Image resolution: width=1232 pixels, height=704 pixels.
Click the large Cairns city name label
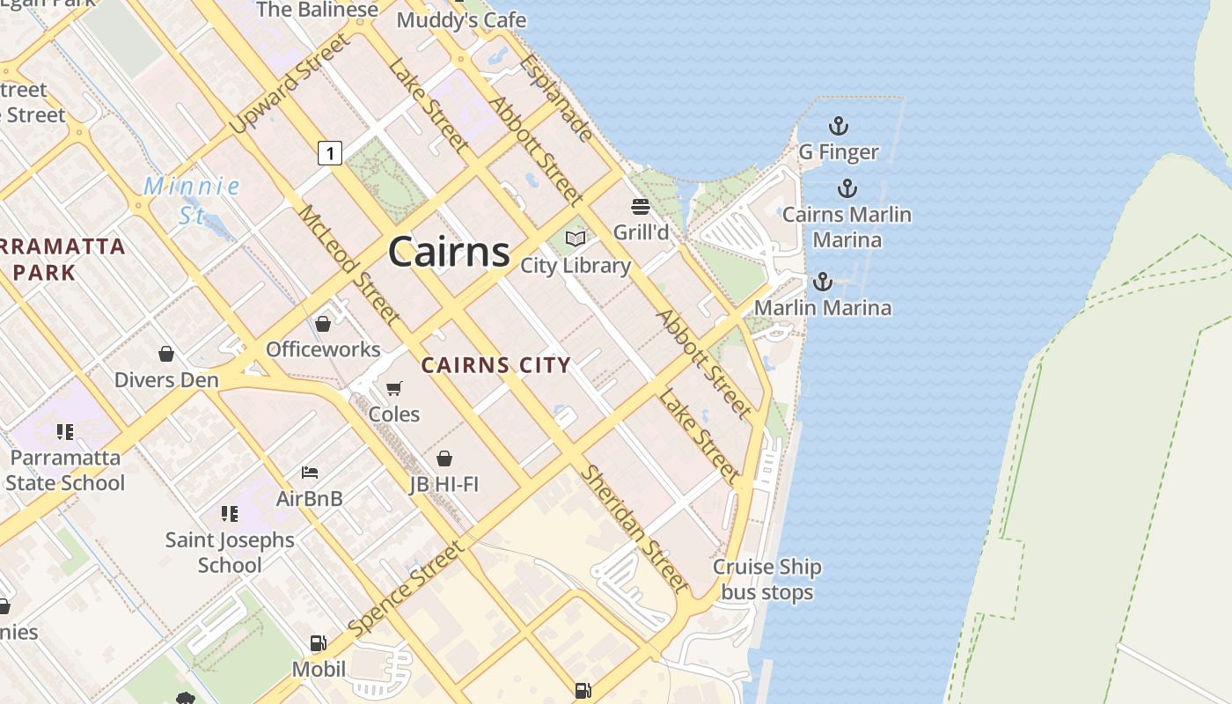449,253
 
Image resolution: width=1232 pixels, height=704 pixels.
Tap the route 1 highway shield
329,153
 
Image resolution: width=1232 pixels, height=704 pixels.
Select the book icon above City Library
576,238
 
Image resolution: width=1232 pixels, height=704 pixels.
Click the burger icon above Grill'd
641,207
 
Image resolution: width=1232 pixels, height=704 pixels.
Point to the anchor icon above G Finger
838,126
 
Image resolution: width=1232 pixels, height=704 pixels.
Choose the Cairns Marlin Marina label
847,227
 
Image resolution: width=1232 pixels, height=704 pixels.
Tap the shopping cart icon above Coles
394,388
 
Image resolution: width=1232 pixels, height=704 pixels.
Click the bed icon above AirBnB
309,473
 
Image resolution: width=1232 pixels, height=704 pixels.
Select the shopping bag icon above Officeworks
323,324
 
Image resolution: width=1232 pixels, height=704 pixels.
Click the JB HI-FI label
444,484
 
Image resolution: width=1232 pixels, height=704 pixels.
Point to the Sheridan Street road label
634,528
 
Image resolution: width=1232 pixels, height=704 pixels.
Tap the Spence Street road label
405,588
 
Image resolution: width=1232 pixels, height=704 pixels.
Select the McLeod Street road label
348,264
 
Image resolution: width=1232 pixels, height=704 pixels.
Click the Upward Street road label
289,84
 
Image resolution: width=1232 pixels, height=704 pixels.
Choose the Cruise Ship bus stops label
767,580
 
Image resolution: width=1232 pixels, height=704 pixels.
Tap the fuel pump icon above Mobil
318,643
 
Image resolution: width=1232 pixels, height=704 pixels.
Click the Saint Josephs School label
230,552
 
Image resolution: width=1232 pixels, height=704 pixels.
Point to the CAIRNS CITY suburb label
495,365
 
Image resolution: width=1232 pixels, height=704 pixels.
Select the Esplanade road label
556,98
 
